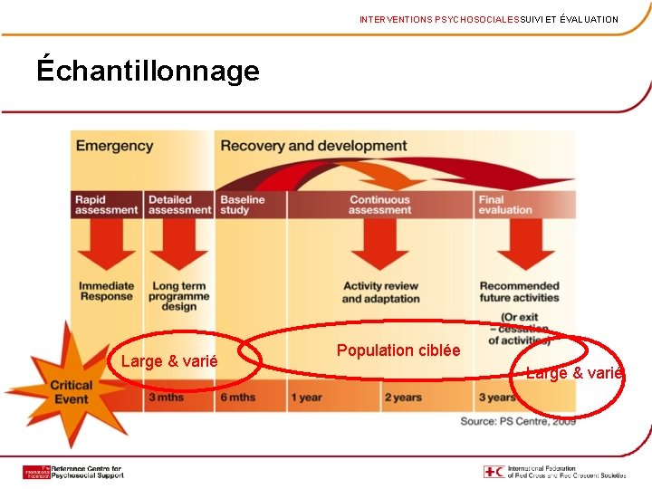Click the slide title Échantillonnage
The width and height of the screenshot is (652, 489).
tap(148, 71)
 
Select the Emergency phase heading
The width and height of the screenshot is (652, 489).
tap(114, 146)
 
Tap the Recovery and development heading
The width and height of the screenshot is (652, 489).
tap(313, 146)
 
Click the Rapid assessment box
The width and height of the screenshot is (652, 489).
tap(106, 205)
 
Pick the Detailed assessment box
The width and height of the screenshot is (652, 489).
tap(179, 205)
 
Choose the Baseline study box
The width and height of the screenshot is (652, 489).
tap(243, 205)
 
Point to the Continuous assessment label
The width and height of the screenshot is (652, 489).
tap(379, 205)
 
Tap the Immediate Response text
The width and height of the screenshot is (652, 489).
tap(106, 292)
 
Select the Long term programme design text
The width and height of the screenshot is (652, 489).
tap(179, 296)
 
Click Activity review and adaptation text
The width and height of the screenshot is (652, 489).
tap(380, 292)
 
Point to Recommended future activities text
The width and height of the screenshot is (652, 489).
tap(519, 292)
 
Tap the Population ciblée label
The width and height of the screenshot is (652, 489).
tap(398, 350)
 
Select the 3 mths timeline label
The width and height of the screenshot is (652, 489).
tap(166, 398)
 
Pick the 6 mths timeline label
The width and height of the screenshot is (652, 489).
tap(237, 398)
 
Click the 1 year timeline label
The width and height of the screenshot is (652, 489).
tap(306, 398)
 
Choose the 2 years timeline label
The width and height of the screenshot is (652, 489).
tap(403, 398)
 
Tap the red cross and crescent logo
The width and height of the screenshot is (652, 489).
tap(494, 472)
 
